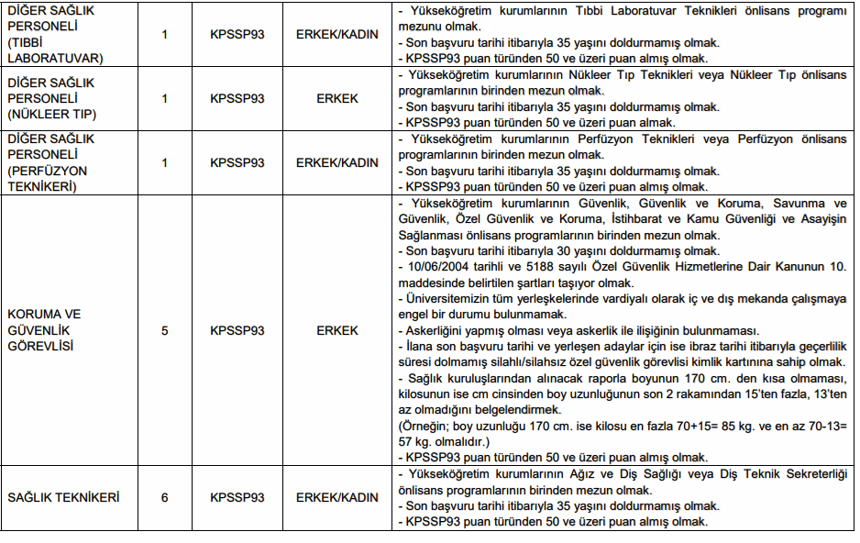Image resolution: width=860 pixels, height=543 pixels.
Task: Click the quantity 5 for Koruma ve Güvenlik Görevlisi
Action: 164,330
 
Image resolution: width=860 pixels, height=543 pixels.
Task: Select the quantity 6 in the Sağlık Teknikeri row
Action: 164,498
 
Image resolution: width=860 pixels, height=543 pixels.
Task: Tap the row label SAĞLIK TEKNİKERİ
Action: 64,498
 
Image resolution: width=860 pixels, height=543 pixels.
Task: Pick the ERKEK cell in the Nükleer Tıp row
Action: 336,99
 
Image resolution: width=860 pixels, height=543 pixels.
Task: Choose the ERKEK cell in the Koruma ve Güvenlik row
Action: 336,330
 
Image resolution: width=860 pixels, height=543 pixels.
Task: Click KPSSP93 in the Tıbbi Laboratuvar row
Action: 237,35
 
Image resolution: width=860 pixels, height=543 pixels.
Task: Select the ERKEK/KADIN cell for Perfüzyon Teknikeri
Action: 336,162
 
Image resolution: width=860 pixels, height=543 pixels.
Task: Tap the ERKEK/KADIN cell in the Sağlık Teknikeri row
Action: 336,498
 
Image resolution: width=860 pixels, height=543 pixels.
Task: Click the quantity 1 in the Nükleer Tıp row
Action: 164,99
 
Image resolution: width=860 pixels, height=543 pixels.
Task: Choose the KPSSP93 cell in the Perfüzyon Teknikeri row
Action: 237,162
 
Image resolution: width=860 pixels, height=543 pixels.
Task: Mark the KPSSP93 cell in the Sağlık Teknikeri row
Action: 237,498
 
